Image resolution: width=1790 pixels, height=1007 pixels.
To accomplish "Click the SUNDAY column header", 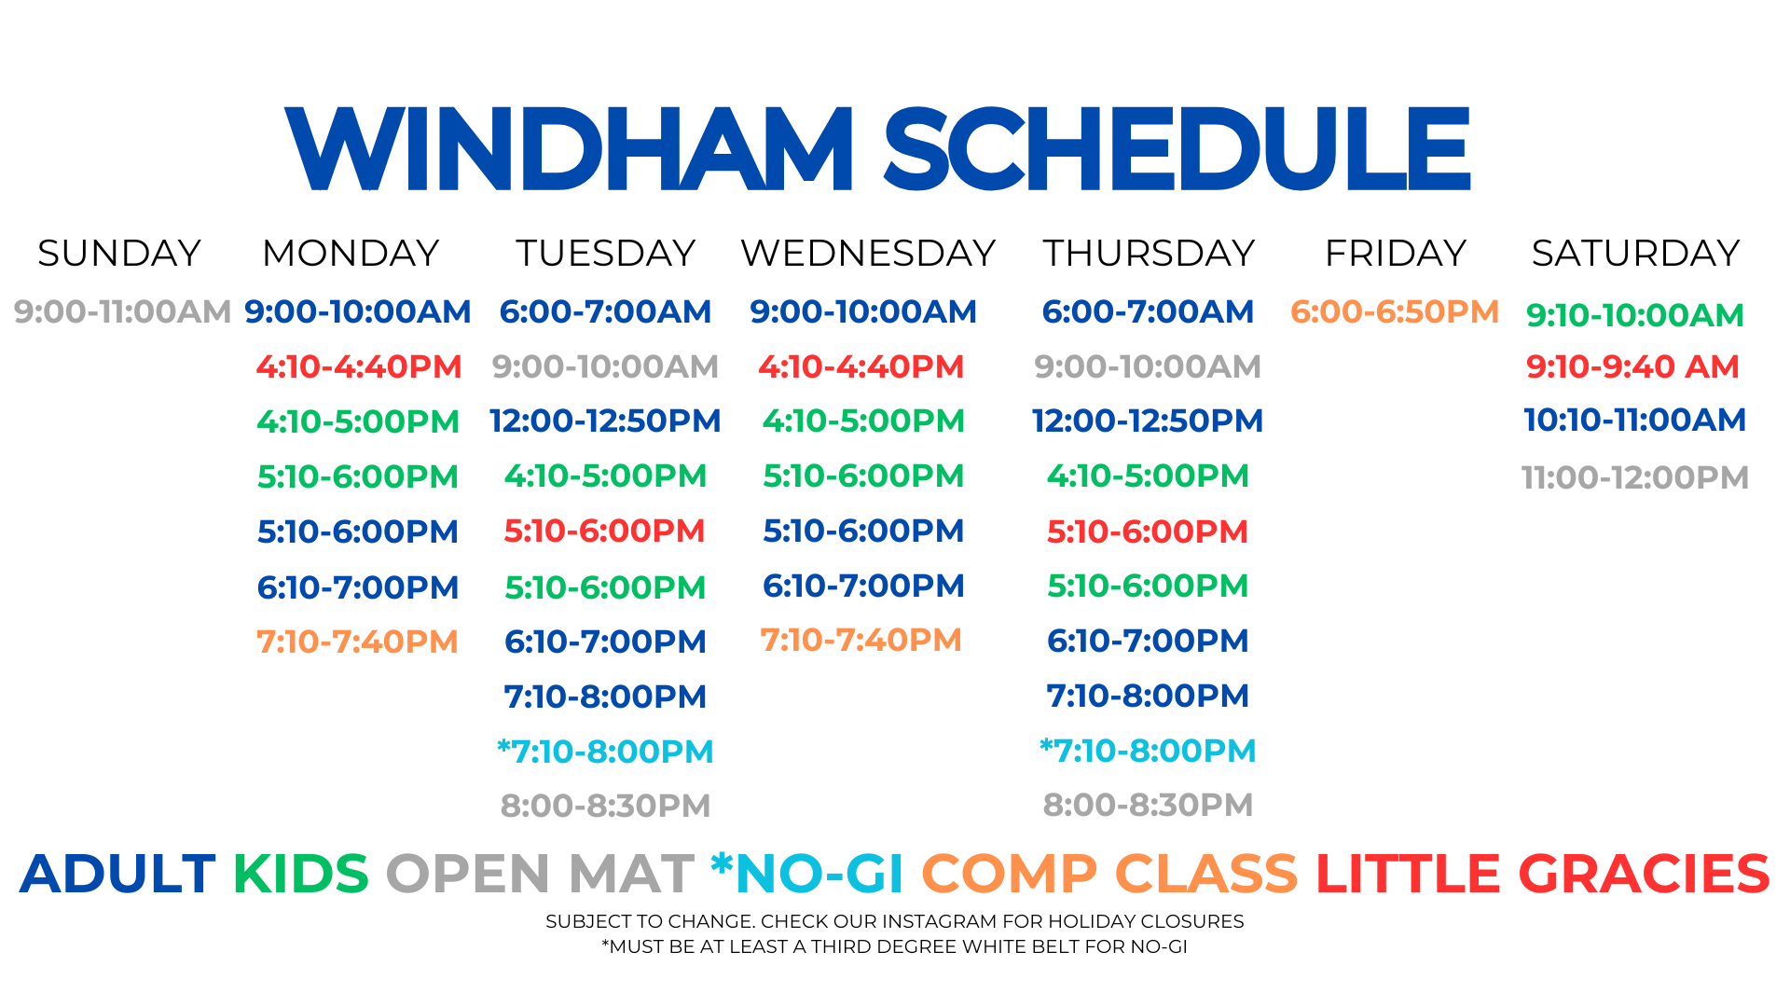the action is (119, 253).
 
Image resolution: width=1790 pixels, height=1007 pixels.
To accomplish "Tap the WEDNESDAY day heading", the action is (868, 253).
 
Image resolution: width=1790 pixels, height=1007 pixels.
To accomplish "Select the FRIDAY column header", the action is (1396, 253).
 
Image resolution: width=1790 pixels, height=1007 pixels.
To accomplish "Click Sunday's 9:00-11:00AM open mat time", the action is (122, 311).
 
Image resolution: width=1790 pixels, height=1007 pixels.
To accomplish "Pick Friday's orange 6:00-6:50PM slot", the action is (1395, 311).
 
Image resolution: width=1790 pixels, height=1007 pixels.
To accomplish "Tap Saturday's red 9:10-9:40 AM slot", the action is (1632, 366).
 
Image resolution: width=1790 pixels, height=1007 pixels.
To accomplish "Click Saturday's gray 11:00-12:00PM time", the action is (1635, 477).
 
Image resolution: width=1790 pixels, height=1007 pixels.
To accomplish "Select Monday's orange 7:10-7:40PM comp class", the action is (357, 641).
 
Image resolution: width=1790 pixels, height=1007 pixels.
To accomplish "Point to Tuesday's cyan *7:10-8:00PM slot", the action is (605, 751).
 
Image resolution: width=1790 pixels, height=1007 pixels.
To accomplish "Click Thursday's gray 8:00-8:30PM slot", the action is (1148, 805).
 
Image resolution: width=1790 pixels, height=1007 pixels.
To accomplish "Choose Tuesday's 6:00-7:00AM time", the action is (605, 311).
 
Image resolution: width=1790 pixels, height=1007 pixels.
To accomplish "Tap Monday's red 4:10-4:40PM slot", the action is (359, 366).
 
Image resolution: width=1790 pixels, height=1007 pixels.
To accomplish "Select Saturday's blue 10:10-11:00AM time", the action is (1635, 420).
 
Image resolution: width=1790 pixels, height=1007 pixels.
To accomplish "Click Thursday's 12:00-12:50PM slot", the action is (1148, 421).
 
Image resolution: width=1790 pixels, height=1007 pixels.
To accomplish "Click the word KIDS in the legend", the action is (300, 874).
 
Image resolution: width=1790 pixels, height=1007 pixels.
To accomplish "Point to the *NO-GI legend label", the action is (807, 874).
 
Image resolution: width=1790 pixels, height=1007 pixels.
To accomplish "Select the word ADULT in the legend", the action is (117, 874).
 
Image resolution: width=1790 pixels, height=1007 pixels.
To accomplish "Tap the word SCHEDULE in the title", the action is (1177, 148).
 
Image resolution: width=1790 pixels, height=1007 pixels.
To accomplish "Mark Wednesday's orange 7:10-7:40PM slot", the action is (861, 640).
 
